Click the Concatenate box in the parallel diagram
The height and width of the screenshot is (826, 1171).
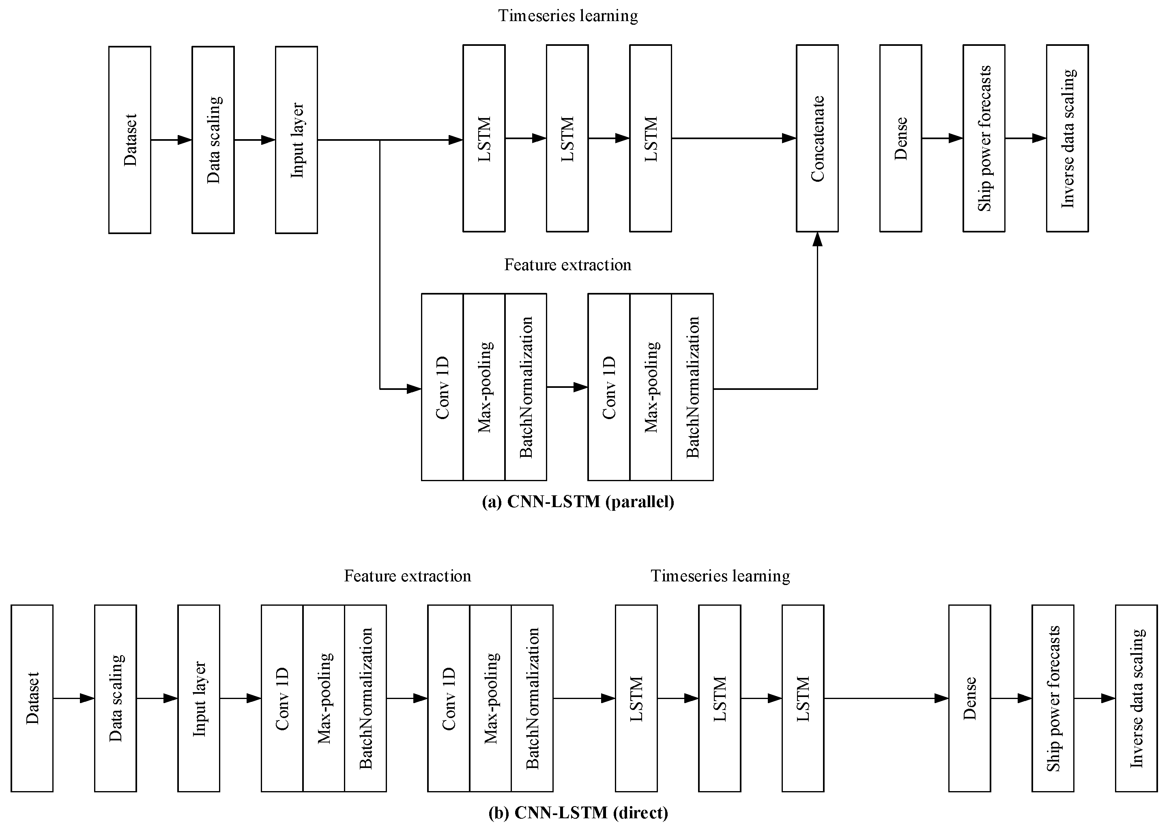click(x=817, y=138)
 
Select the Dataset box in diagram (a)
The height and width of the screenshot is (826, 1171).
click(x=129, y=140)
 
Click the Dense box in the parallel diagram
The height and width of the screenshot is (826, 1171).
click(x=901, y=138)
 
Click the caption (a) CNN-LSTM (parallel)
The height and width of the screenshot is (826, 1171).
click(x=578, y=501)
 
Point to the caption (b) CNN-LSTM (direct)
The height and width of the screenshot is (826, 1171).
click(x=578, y=812)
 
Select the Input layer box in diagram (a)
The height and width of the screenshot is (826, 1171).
click(x=297, y=140)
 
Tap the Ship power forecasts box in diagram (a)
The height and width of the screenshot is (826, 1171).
click(x=984, y=138)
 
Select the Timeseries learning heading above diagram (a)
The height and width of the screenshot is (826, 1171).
click(x=567, y=16)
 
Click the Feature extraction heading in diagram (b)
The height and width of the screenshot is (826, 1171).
click(x=408, y=576)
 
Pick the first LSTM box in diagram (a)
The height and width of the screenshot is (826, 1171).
click(x=484, y=138)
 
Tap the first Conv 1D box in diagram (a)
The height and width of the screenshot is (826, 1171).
click(x=442, y=387)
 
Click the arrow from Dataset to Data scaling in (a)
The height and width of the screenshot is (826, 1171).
click(x=171, y=140)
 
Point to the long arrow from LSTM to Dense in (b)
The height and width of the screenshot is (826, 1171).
click(x=886, y=698)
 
